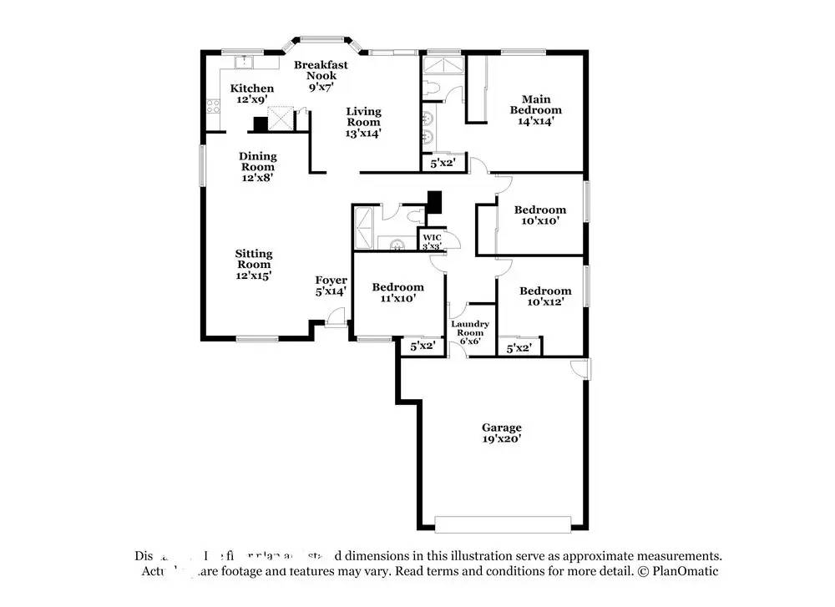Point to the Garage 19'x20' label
[x=501, y=432]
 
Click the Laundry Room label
[x=470, y=329]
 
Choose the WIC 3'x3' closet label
[x=431, y=241]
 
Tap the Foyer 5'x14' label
[x=331, y=286]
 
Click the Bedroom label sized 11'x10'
[x=397, y=292]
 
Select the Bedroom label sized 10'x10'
[x=539, y=215]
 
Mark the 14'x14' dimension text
[x=536, y=121]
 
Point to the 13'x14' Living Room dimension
[x=363, y=134]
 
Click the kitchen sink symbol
[x=245, y=62]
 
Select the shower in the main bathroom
[x=443, y=65]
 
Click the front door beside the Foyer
[x=336, y=318]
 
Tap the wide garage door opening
[x=503, y=524]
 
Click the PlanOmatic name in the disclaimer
[x=686, y=571]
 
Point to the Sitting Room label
[x=253, y=264]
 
